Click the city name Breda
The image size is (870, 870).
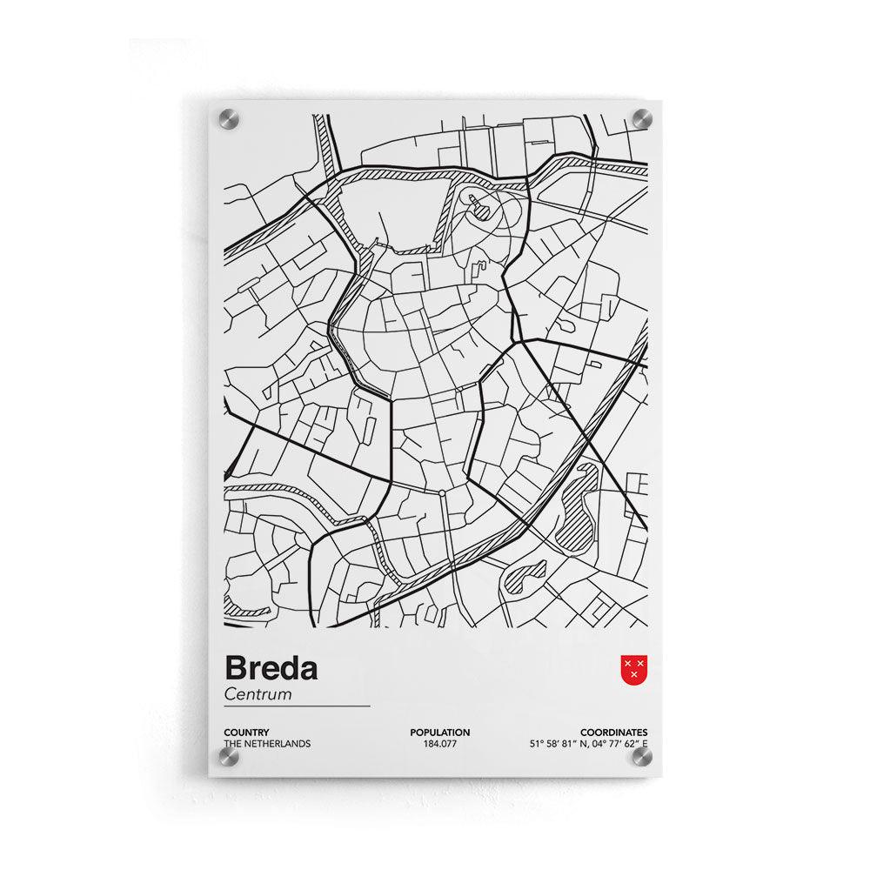tap(271, 668)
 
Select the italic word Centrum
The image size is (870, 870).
tap(258, 694)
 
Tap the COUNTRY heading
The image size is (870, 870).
tap(246, 733)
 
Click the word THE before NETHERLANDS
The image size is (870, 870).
tap(233, 744)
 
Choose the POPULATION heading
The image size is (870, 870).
tap(439, 733)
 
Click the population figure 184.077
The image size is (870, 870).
tap(439, 744)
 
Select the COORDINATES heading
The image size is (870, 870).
tap(614, 733)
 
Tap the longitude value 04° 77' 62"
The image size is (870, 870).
tap(617, 744)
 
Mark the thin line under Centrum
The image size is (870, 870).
tap(297, 706)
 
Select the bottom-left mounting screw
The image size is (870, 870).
tap(228, 758)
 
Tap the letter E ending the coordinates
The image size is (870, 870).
tap(645, 744)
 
